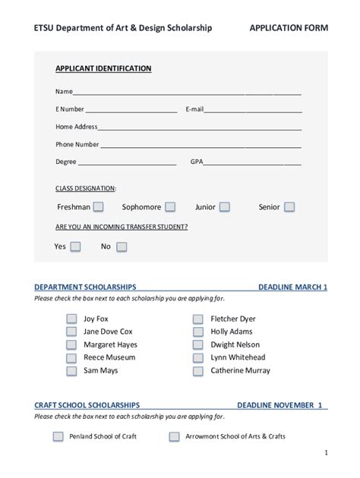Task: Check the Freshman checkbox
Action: point(100,207)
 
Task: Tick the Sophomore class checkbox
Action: point(170,207)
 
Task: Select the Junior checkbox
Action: point(225,207)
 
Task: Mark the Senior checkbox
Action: point(289,207)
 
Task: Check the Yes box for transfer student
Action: point(75,247)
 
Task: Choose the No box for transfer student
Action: point(122,247)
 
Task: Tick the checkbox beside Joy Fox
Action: point(71,319)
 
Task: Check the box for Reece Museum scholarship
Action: point(71,358)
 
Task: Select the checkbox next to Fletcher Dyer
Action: point(198,319)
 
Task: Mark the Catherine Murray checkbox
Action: point(198,372)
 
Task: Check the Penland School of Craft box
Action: point(58,437)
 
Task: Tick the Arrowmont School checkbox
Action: point(174,437)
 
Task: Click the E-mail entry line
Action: point(253,110)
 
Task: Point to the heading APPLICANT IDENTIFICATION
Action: point(103,68)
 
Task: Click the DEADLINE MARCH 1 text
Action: point(292,288)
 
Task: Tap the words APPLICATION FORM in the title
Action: point(289,29)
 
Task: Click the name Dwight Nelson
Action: point(235,344)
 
